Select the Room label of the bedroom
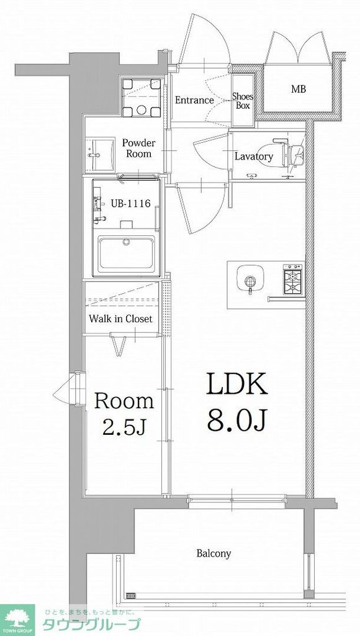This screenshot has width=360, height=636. click(x=124, y=401)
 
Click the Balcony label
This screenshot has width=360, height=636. click(x=214, y=553)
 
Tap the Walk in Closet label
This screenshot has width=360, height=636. click(x=121, y=319)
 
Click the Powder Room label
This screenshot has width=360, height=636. click(x=138, y=148)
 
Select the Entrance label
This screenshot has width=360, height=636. click(x=194, y=100)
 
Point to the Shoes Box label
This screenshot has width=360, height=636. click(x=243, y=101)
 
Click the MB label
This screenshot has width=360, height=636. click(x=299, y=89)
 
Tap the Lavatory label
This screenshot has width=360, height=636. click(x=254, y=157)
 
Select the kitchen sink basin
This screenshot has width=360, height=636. click(x=251, y=279)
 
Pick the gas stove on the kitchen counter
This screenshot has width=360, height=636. click(x=293, y=279)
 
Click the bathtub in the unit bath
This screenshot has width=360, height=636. click(x=127, y=254)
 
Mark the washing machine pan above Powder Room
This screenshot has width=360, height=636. click(x=142, y=98)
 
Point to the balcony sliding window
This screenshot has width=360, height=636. click(x=237, y=501)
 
